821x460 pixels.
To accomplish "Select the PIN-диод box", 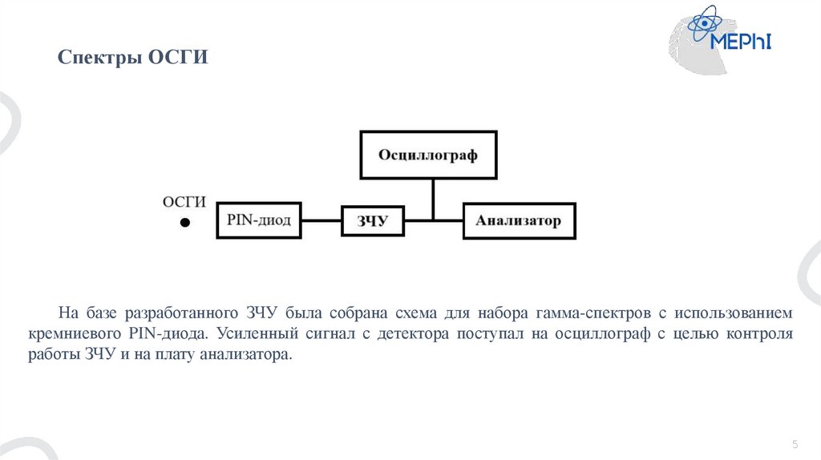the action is click(259, 219).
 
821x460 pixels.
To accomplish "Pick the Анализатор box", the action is click(519, 220).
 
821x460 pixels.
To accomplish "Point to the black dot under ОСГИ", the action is click(184, 223).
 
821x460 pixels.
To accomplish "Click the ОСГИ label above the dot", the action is click(184, 201).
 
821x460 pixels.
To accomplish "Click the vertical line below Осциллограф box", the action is click(433, 198).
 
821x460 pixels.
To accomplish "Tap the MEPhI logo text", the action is click(742, 41).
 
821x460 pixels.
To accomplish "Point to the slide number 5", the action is click(795, 444).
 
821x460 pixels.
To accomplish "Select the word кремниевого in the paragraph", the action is click(89, 333).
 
